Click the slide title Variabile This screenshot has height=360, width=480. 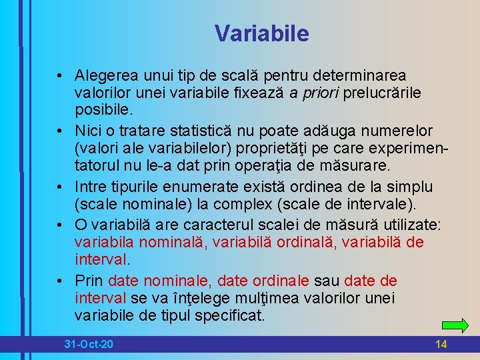[x=262, y=33]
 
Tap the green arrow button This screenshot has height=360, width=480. [x=455, y=326]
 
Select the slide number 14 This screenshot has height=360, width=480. [x=441, y=344]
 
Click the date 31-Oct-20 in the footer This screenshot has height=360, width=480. [x=89, y=344]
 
